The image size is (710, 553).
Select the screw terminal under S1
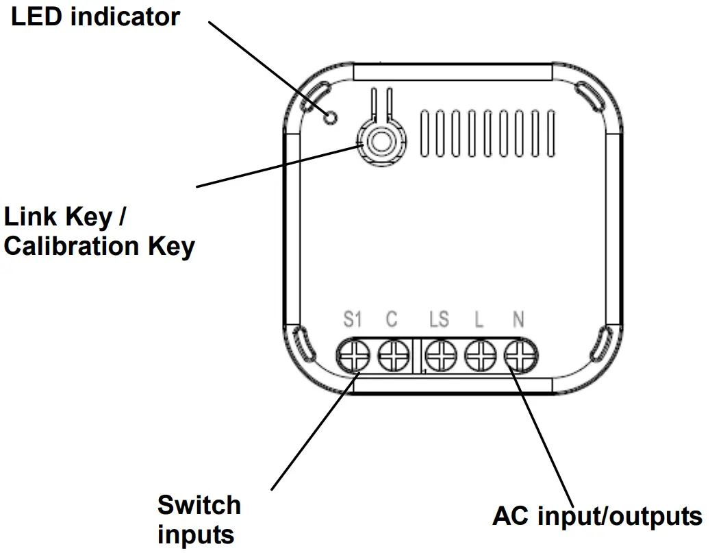[x=353, y=355]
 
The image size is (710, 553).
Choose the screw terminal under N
[x=521, y=355]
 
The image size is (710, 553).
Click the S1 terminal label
[x=352, y=319]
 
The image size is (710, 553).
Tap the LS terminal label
[x=439, y=319]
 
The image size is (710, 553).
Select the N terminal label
[x=518, y=319]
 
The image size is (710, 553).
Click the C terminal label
[x=392, y=319]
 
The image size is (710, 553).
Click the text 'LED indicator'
[x=95, y=16]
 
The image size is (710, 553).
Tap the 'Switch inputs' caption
[x=199, y=519]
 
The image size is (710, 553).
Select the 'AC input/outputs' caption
[x=597, y=515]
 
